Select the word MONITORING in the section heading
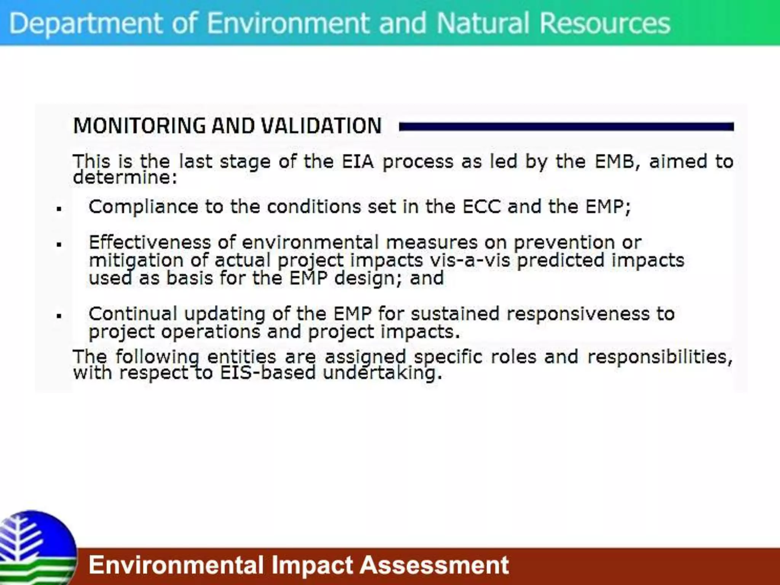click(x=139, y=126)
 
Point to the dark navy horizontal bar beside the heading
click(x=566, y=127)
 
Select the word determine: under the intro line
click(x=125, y=177)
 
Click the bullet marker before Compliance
click(x=59, y=208)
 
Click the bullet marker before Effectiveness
click(x=59, y=244)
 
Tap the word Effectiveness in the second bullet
click(x=150, y=243)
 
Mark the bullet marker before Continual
click(x=59, y=316)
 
